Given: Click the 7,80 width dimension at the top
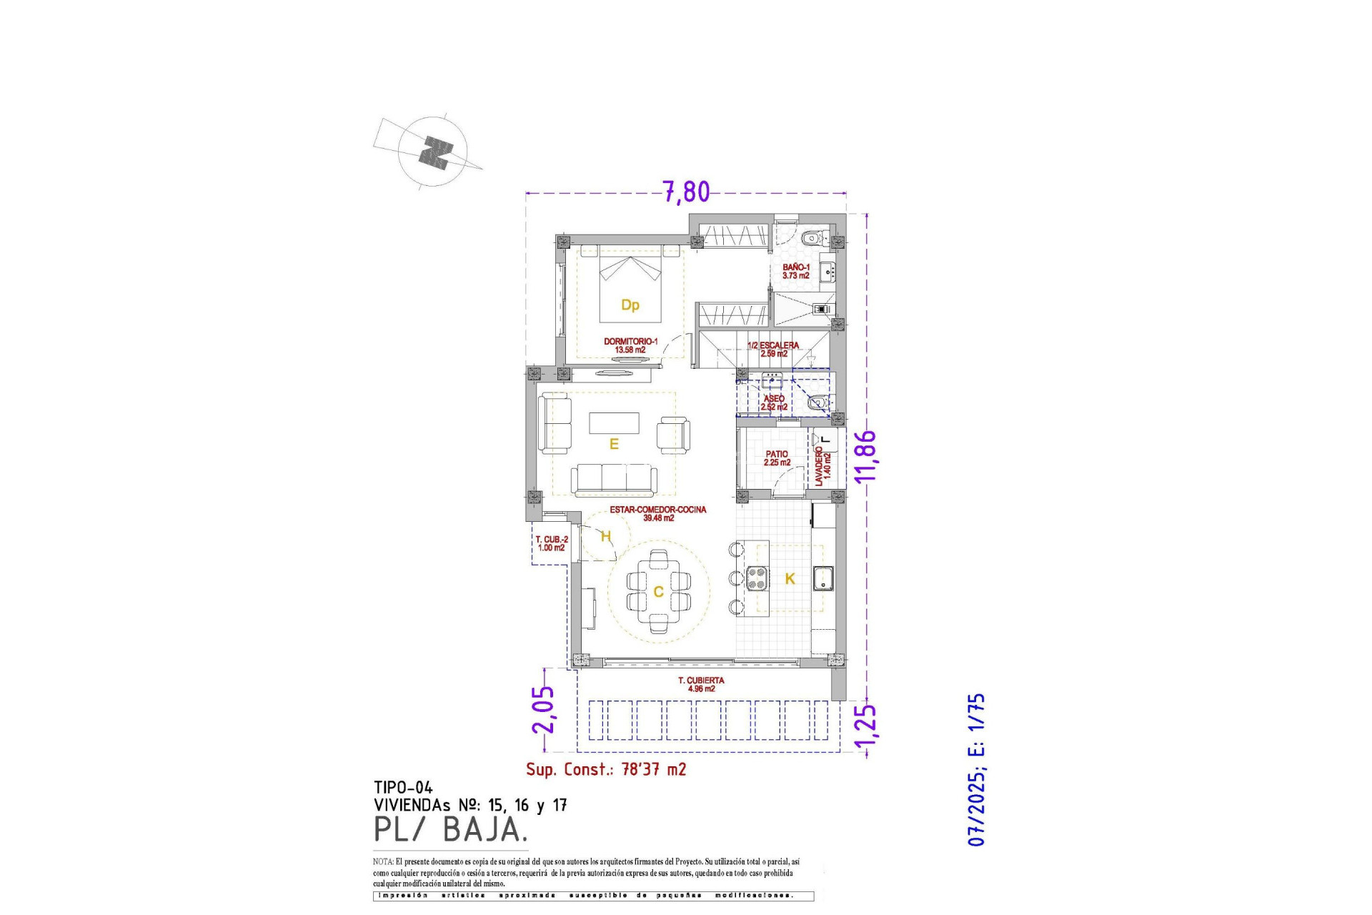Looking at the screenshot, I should [686, 192].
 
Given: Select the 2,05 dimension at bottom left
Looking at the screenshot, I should [543, 709].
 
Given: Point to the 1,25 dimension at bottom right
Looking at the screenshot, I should [865, 730].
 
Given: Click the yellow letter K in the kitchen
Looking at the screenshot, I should [790, 579].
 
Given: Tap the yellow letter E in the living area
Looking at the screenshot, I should [613, 445].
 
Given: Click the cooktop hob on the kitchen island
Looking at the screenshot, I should [757, 578].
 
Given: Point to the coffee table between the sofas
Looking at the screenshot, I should [614, 422].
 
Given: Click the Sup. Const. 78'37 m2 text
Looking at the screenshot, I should [606, 769].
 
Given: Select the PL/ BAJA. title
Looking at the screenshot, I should [451, 829].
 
